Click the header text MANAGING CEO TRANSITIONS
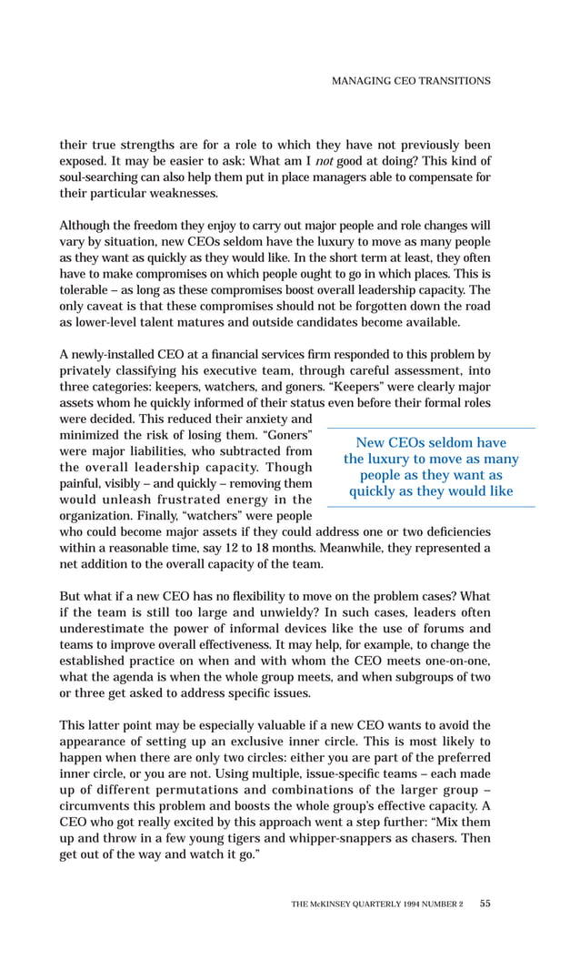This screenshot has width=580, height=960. click(411, 81)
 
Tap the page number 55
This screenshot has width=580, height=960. click(485, 904)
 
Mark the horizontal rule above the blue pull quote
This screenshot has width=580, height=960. click(431, 428)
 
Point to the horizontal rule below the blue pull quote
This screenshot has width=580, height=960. click(431, 507)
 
